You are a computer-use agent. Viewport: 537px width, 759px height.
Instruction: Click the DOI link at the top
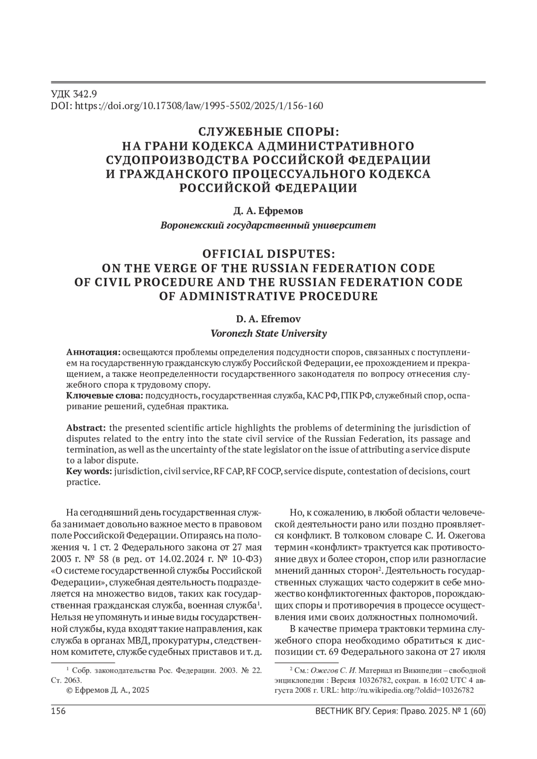[187, 106]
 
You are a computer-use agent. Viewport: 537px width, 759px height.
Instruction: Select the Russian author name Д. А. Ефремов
[268, 210]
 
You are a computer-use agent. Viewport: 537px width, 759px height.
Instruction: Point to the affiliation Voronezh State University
[268, 333]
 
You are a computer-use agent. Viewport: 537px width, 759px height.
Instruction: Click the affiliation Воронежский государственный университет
[268, 225]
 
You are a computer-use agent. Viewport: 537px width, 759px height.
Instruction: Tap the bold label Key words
[89, 471]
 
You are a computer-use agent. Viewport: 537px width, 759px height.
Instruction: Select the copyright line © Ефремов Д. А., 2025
[107, 690]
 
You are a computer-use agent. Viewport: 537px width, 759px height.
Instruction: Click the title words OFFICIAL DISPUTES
[268, 254]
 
